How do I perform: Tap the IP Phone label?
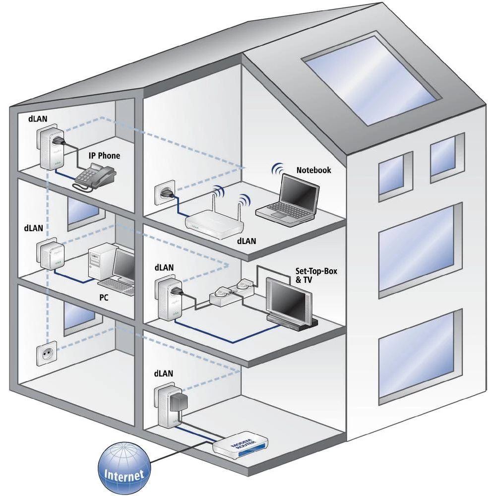pyautogui.click(x=104, y=156)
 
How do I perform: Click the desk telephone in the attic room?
pyautogui.click(x=95, y=177)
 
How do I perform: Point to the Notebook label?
pyautogui.click(x=313, y=170)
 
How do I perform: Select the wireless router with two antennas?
pyautogui.click(x=215, y=221)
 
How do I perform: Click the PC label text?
pyautogui.click(x=104, y=299)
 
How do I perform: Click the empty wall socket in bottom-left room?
pyautogui.click(x=47, y=353)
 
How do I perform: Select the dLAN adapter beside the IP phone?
pyautogui.click(x=48, y=148)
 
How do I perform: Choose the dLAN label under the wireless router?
pyautogui.click(x=246, y=242)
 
